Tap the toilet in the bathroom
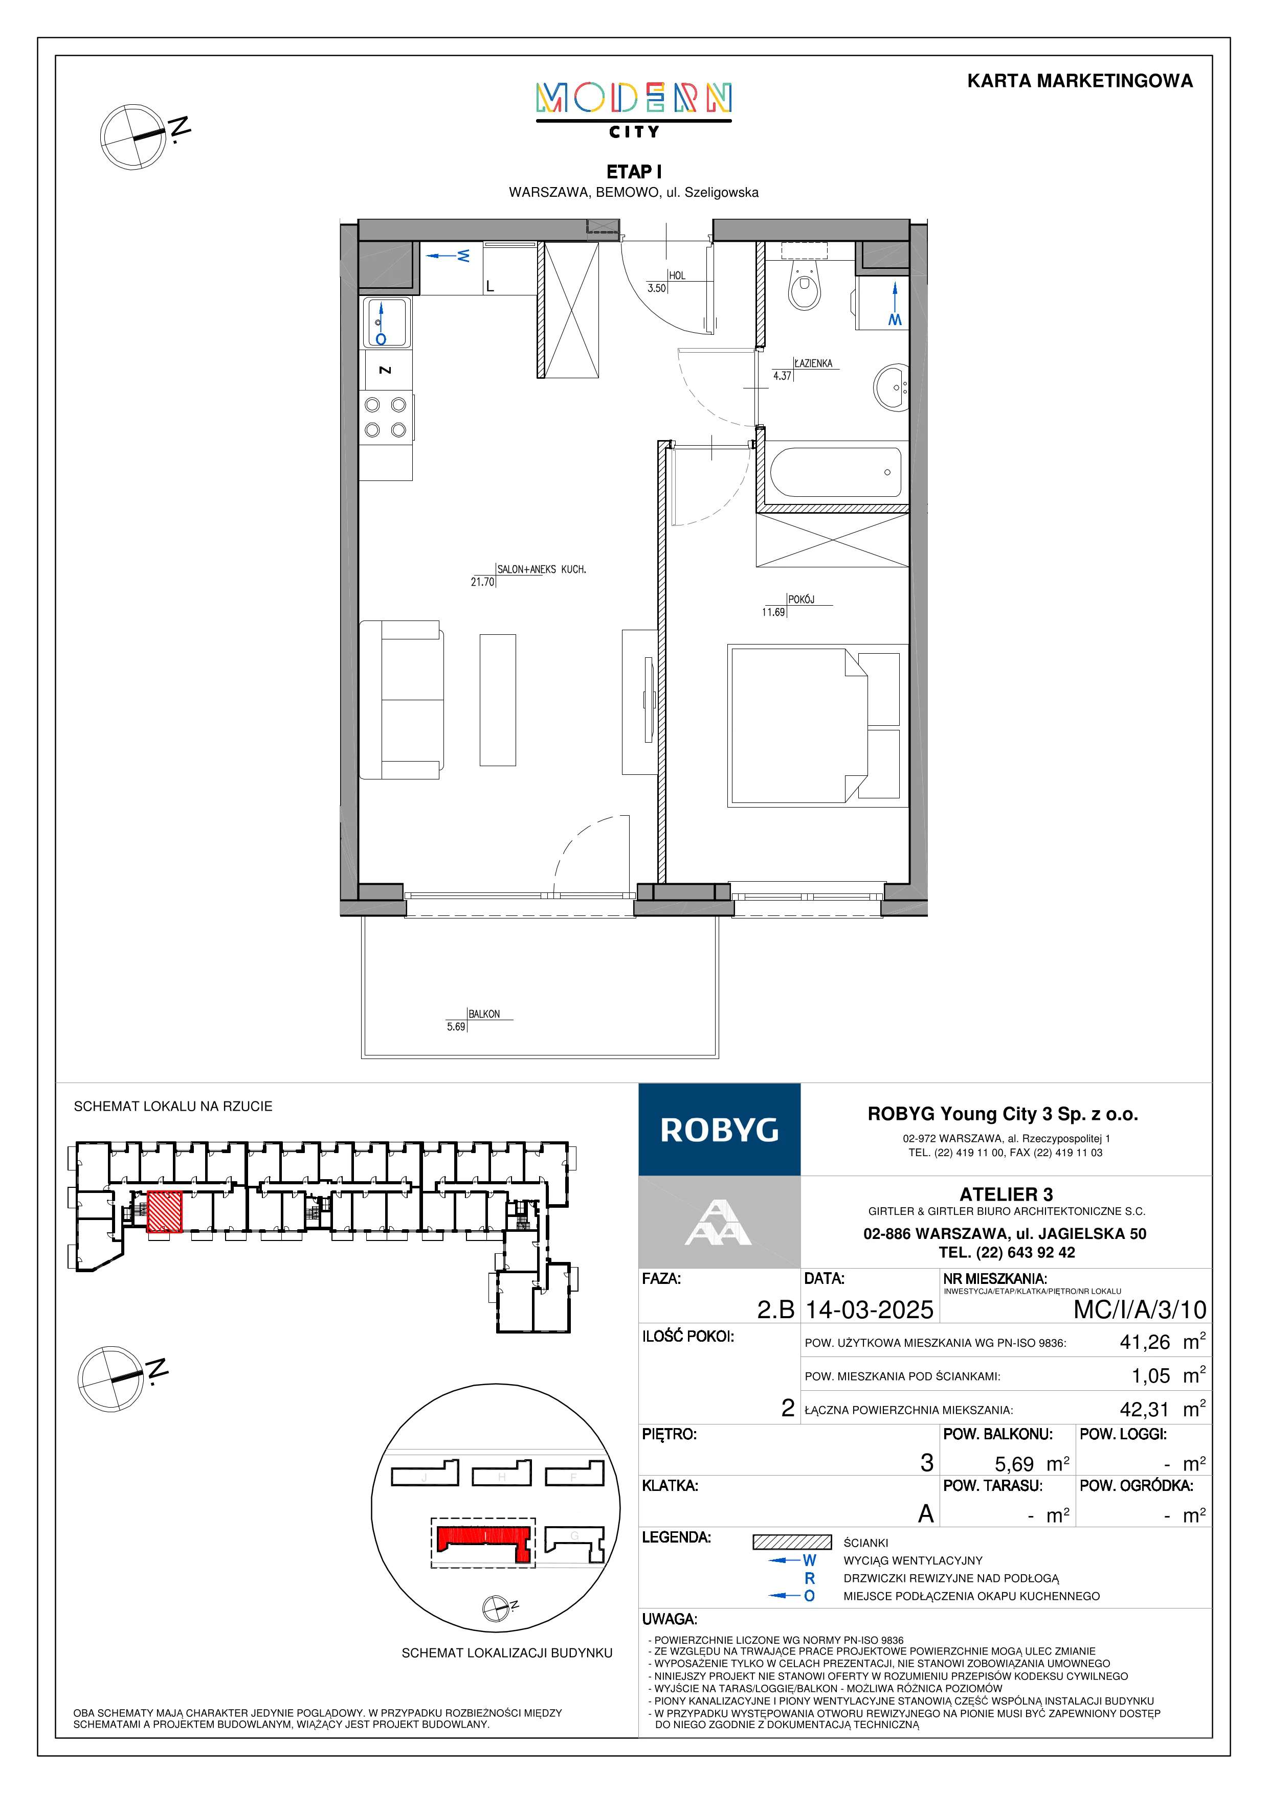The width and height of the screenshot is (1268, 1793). point(805,284)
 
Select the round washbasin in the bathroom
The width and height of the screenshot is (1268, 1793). point(892,386)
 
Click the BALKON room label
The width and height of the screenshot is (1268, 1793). point(484,1014)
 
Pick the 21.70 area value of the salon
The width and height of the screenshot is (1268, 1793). point(482,582)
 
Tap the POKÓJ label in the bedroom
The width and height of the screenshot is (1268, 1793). point(802,599)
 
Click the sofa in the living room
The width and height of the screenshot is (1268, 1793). point(402,700)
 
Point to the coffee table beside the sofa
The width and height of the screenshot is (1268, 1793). point(498,700)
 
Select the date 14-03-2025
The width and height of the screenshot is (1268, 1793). point(870,1309)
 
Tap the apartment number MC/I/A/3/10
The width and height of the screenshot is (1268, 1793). point(1140,1309)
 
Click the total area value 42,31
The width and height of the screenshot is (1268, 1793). point(1145,1410)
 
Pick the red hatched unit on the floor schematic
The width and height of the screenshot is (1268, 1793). point(165,1211)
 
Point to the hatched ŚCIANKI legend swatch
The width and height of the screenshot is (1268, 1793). point(792,1543)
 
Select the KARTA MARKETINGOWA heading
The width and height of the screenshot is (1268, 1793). point(1080,81)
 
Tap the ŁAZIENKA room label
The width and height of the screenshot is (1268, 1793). point(813,363)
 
